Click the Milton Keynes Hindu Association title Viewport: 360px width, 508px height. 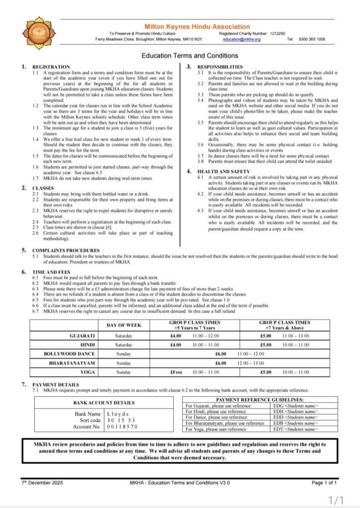[x=197, y=26]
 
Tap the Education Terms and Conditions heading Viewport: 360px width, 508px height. [x=190, y=56]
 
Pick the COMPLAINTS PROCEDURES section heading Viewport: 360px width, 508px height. [x=66, y=250]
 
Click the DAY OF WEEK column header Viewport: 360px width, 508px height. [x=124, y=325]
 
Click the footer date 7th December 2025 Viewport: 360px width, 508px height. [x=42, y=482]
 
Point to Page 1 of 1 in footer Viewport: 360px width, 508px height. [x=324, y=482]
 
